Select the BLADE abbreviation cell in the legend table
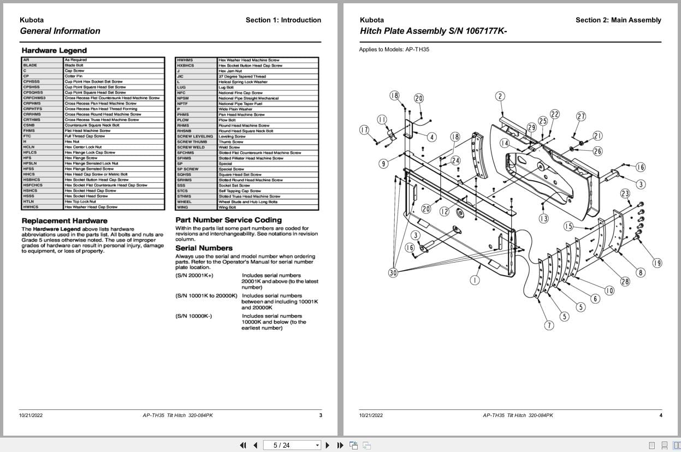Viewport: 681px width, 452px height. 31,65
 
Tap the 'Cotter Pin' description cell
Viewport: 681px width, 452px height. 74,76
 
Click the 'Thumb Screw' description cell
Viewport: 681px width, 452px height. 231,142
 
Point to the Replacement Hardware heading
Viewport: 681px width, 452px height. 64,221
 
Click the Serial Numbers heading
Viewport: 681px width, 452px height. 204,248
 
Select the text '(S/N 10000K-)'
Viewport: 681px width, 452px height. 194,316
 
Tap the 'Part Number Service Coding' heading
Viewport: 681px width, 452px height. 228,220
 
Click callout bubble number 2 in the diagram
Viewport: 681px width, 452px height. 500,97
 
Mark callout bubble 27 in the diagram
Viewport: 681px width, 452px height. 581,116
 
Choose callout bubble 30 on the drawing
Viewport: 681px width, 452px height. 393,272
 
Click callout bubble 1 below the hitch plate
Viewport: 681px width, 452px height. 475,280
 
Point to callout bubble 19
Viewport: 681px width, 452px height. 657,263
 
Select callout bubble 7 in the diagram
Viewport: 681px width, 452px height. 549,325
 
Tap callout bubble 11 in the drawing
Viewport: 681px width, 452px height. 382,120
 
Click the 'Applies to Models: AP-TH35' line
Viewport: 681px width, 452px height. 394,49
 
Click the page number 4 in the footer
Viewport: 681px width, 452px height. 660,415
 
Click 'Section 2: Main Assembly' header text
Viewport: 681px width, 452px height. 618,20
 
